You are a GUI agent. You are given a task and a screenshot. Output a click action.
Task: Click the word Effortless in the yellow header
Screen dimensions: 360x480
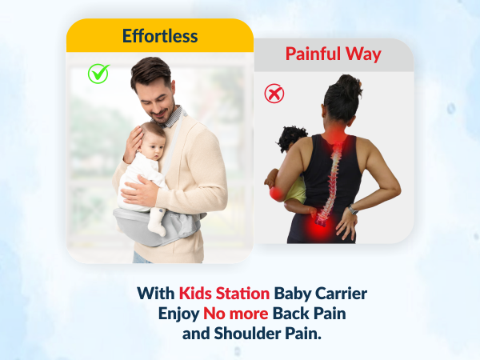[159, 36]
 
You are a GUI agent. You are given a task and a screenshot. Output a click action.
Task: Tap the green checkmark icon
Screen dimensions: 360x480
[98, 74]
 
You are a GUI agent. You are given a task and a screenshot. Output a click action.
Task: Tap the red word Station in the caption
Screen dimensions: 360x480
[243, 293]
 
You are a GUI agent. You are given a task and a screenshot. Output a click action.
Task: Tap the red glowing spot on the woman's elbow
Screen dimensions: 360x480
[276, 193]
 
